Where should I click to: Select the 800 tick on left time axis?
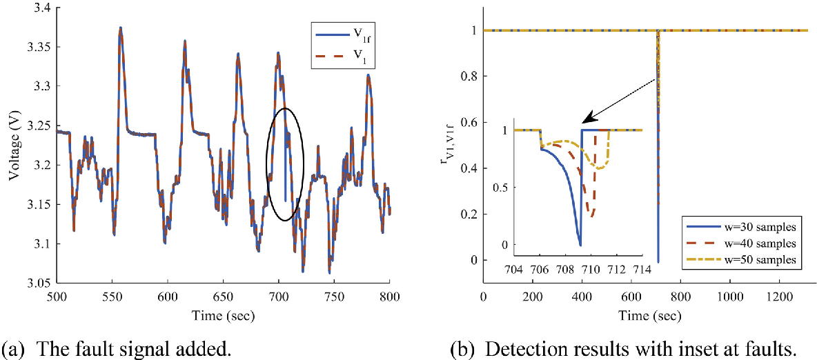[390, 295]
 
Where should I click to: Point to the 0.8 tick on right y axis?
[470, 76]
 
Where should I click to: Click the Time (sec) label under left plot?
[222, 315]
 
